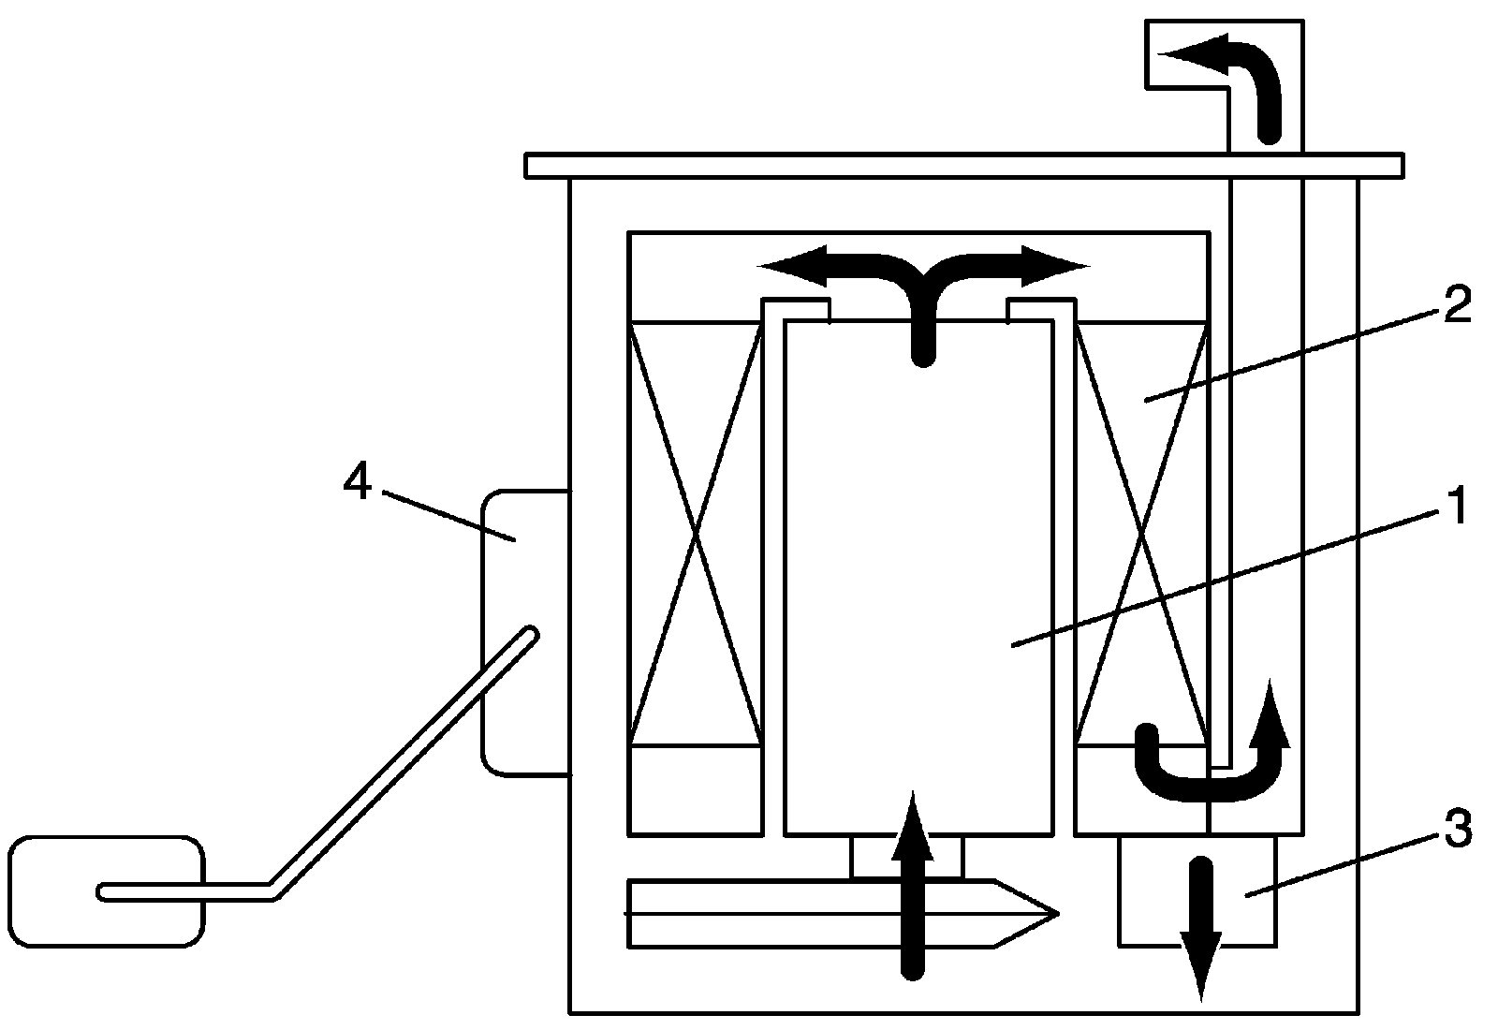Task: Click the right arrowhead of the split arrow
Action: pyautogui.click(x=1063, y=266)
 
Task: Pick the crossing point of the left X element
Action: pyautogui.click(x=695, y=534)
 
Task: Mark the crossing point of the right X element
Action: pyautogui.click(x=1141, y=534)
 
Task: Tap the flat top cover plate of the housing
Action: pyautogui.click(x=964, y=166)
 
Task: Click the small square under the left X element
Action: pyautogui.click(x=695, y=789)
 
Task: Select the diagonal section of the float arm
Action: pyautogui.click(x=403, y=758)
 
